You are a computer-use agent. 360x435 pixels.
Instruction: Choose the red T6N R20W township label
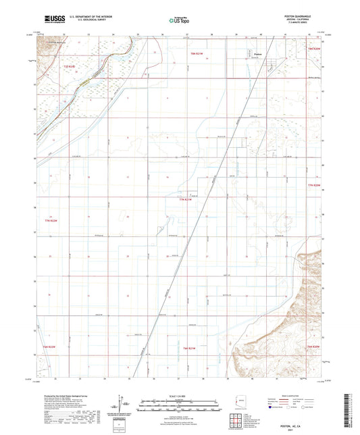pyautogui.click(x=312, y=347)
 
